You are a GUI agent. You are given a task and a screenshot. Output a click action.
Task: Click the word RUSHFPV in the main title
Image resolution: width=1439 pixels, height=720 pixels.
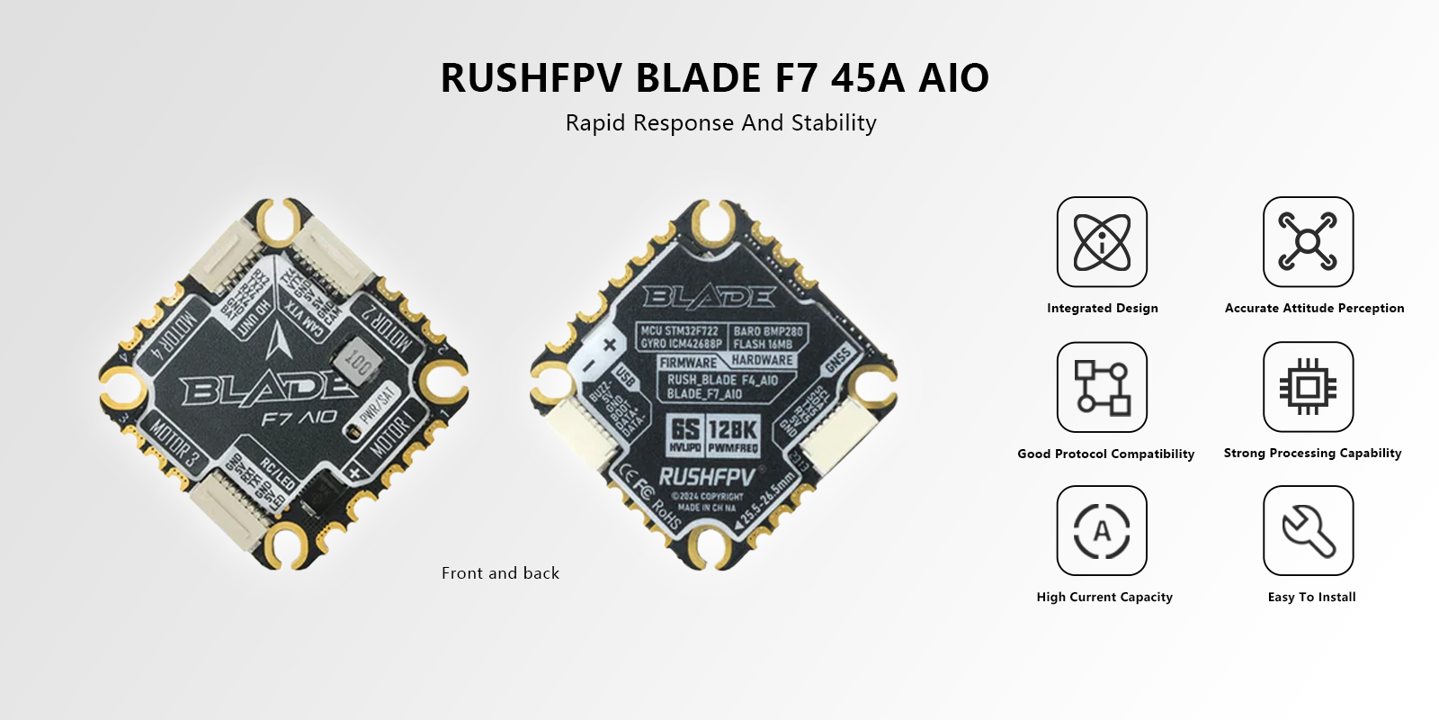click(x=531, y=78)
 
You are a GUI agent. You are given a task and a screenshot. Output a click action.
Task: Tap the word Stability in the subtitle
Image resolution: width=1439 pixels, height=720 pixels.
click(x=834, y=123)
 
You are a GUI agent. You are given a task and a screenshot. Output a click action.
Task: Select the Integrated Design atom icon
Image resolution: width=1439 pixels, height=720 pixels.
click(x=1102, y=242)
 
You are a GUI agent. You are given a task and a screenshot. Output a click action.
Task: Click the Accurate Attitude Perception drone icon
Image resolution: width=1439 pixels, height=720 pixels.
click(x=1308, y=242)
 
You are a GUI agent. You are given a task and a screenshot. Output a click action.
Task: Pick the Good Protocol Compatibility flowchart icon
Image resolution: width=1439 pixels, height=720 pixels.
click(x=1102, y=387)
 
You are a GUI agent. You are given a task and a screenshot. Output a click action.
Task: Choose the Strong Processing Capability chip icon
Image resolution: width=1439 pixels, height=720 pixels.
click(x=1308, y=387)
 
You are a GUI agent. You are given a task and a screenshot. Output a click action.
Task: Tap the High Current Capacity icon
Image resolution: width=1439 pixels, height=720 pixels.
click(x=1102, y=531)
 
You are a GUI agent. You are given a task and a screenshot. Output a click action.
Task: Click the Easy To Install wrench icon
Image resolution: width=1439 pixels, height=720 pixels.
click(x=1308, y=531)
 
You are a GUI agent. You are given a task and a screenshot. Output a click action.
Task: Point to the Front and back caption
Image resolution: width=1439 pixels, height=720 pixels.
click(x=500, y=573)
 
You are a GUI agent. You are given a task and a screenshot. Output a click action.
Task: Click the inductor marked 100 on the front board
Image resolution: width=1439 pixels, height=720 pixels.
click(x=357, y=362)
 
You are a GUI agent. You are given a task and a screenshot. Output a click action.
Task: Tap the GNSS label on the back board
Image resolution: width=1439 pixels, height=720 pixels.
click(x=837, y=361)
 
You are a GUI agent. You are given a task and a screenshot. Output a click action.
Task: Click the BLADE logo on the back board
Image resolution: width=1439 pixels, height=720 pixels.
click(x=709, y=296)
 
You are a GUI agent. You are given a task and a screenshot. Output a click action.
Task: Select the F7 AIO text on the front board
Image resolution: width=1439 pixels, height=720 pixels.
click(x=299, y=418)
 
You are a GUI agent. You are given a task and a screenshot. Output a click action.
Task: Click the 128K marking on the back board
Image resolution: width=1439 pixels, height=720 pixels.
click(x=733, y=430)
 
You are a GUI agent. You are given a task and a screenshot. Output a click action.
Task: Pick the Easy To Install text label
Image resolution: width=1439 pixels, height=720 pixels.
click(x=1311, y=597)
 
